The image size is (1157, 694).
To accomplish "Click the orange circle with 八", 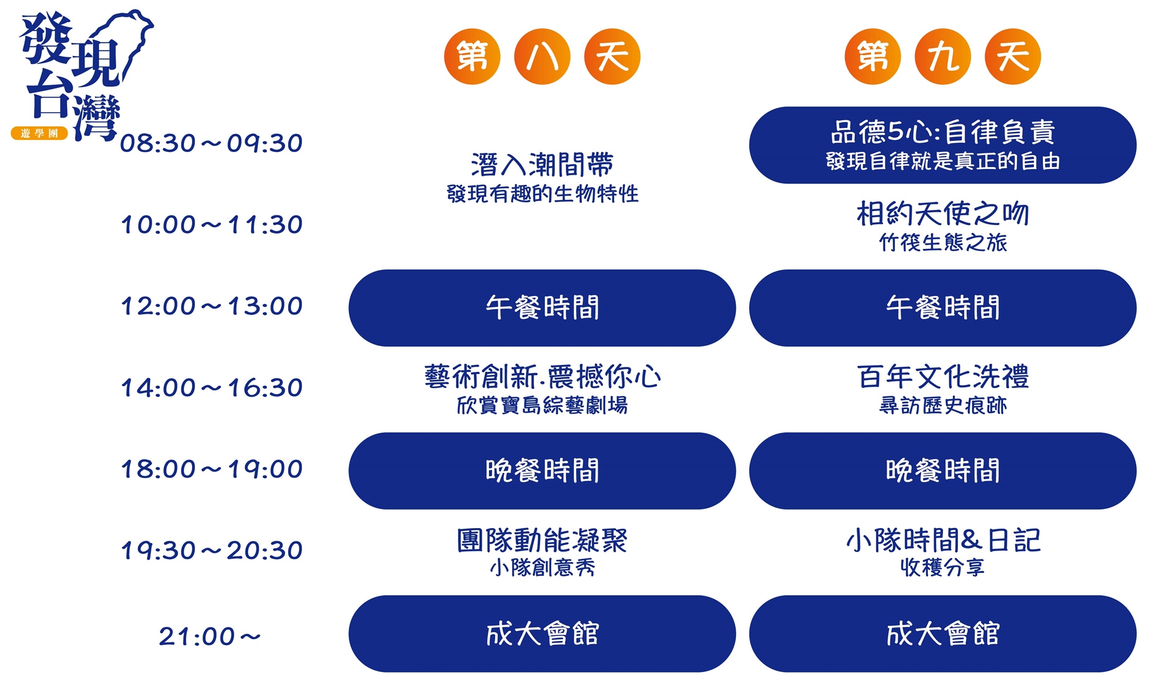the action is [542, 57].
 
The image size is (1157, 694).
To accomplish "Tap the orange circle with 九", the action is [943, 57].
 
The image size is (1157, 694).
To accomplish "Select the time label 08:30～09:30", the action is [211, 143].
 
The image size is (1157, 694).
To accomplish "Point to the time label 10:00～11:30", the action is [211, 225].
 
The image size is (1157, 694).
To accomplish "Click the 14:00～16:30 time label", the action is [211, 388].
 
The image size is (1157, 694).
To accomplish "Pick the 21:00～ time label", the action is [210, 637].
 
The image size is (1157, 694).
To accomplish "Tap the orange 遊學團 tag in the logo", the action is [39, 134].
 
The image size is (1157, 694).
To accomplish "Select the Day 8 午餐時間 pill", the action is [542, 308].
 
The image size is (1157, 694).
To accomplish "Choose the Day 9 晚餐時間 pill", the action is [943, 471].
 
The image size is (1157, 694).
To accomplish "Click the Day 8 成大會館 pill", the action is [542, 634].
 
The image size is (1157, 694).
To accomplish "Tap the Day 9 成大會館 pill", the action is [943, 634].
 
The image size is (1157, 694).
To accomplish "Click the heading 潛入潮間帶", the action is [542, 165].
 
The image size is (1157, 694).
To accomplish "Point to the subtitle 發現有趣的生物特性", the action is [542, 194].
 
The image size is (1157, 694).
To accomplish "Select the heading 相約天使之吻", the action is [943, 214].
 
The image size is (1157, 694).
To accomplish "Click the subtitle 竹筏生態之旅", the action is [943, 243].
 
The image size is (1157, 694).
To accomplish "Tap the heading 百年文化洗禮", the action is [943, 377].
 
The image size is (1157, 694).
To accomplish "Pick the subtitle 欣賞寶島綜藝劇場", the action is [542, 405].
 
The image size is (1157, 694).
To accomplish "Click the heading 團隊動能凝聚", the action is [542, 541].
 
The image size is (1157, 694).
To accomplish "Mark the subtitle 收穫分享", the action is [943, 567].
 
